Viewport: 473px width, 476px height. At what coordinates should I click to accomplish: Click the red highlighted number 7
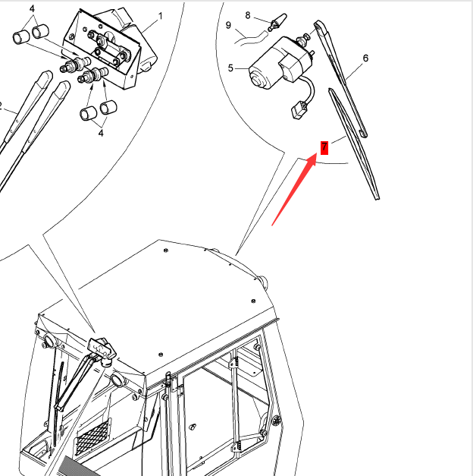[324, 147]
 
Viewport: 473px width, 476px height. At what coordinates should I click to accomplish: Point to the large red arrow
[294, 190]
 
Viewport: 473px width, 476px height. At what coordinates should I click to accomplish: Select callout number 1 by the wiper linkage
[161, 16]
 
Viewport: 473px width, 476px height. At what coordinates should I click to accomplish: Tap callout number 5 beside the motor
[230, 68]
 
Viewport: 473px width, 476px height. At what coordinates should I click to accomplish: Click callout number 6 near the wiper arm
[365, 58]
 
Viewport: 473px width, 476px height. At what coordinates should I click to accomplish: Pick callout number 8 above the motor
[248, 15]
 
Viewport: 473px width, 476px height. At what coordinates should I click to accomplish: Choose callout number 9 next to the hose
[228, 25]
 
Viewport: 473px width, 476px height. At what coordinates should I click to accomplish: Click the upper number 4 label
[32, 9]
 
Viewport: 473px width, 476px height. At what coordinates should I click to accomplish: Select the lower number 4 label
[101, 133]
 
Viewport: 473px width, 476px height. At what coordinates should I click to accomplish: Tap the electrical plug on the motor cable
[299, 110]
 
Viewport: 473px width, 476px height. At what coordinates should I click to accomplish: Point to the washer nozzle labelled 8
[277, 22]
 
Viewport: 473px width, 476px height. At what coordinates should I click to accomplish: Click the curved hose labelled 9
[250, 39]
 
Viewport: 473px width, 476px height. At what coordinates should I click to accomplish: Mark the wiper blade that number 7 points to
[355, 143]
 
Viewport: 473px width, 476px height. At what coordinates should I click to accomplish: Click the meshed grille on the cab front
[92, 437]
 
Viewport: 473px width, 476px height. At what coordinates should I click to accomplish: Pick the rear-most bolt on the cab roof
[165, 250]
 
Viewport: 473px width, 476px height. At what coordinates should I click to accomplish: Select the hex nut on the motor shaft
[303, 39]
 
